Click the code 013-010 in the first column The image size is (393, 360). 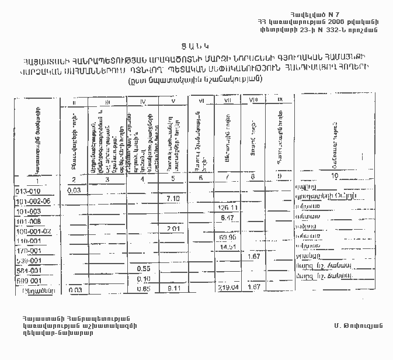pyautogui.click(x=27, y=190)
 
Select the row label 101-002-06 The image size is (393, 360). pyautogui.click(x=34, y=200)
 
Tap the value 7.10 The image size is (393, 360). pyautogui.click(x=173, y=199)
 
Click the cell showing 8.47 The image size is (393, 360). pyautogui.click(x=228, y=217)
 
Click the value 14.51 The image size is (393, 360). pyautogui.click(x=228, y=247)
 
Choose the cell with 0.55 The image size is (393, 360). pyautogui.click(x=144, y=268)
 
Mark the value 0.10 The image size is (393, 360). pyautogui.click(x=144, y=278)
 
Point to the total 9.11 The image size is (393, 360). pyautogui.click(x=173, y=288)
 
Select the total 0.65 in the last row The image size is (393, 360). pyautogui.click(x=144, y=288)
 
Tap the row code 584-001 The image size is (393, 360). pyautogui.click(x=28, y=269)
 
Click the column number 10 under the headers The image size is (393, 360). pyautogui.click(x=335, y=176)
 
